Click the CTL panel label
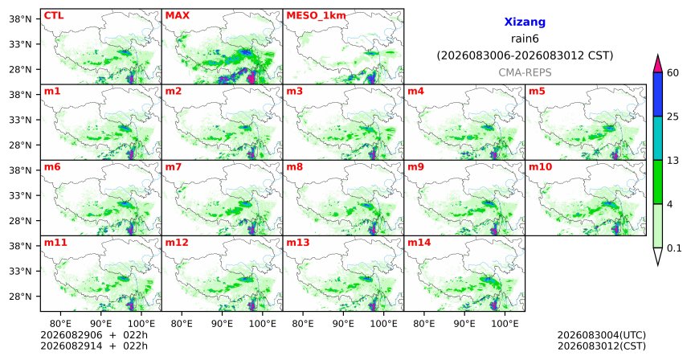click(54, 16)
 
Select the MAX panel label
click(177, 16)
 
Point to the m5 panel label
click(537, 92)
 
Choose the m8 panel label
click(294, 167)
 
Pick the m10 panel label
click(540, 167)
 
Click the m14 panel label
click(419, 243)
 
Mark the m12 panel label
click(176, 243)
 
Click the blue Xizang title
click(525, 22)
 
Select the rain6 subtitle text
click(525, 39)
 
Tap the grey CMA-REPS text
click(525, 72)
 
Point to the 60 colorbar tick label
click(673, 72)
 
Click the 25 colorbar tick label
click(673, 117)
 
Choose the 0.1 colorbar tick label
click(674, 248)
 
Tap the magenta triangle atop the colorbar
click(658, 64)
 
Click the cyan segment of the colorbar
click(658, 138)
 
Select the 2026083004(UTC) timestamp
click(602, 336)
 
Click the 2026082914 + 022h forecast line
click(94, 346)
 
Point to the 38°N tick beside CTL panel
click(20, 19)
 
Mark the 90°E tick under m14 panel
click(464, 324)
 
